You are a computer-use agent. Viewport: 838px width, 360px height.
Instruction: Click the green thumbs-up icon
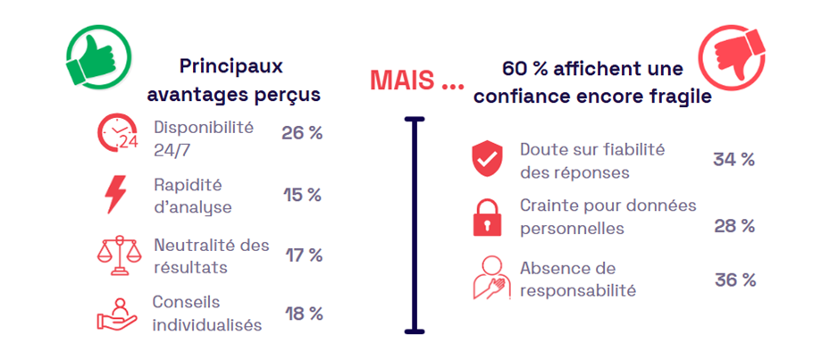point(98,55)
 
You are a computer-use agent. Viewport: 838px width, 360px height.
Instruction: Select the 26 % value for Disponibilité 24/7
point(302,133)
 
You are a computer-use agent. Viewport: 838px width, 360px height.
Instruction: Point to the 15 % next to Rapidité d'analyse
point(302,195)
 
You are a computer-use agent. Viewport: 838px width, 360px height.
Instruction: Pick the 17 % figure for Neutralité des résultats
point(303,255)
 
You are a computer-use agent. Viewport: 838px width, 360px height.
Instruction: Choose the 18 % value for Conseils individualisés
point(303,314)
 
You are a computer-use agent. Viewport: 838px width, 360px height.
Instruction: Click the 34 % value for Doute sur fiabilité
point(733,160)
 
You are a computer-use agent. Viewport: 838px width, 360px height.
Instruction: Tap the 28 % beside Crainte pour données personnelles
point(734,226)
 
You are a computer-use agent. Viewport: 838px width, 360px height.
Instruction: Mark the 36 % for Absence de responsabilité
point(734,280)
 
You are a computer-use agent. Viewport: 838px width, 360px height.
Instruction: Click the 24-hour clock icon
point(119,134)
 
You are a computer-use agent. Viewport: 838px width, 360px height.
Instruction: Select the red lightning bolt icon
point(116,195)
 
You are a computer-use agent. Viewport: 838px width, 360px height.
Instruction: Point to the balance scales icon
point(118,255)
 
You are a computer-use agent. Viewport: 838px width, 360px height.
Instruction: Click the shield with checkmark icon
point(488,160)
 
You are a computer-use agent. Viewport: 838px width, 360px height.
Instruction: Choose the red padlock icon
point(488,217)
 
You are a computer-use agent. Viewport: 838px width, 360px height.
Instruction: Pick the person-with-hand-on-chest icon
point(490,278)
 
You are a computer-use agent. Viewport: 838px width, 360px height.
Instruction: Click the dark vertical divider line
point(414,223)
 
